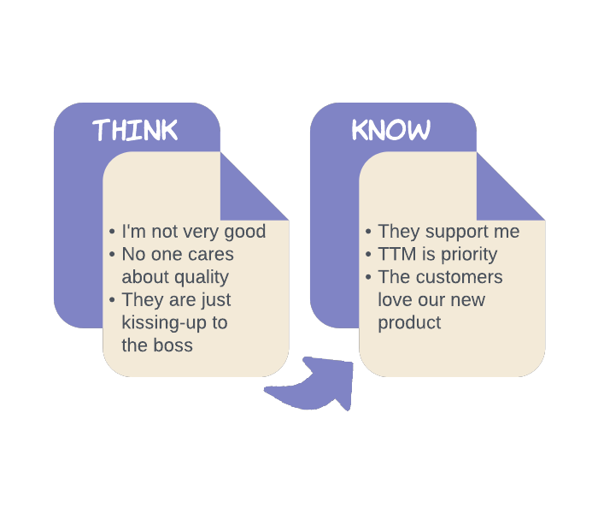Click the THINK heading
pos(135,131)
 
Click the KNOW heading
pos(390,131)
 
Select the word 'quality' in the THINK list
pos(199,277)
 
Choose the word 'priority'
pos(469,254)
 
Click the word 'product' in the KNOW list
pos(409,323)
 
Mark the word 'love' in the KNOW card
pos(396,300)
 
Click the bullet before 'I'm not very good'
pos(112,233)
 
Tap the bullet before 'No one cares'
pos(112,255)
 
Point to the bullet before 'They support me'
pos(368,233)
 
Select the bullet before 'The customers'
pos(368,278)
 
